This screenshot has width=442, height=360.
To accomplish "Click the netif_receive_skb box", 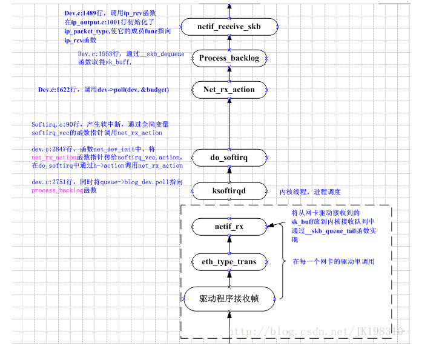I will [x=229, y=27].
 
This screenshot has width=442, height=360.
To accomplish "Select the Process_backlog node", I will [x=229, y=59].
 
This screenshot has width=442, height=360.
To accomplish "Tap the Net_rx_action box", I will [x=229, y=90].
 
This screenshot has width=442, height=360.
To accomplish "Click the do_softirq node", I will [x=229, y=158].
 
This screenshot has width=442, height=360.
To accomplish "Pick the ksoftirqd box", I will [x=229, y=191].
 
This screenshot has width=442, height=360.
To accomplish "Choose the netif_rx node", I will [x=229, y=227].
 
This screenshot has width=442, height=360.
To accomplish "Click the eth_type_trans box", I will [x=229, y=262].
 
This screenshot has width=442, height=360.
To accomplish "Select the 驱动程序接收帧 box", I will [x=229, y=298].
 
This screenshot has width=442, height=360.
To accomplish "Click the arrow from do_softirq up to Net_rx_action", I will [x=229, y=124].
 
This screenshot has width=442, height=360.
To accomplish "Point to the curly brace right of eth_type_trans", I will [x=282, y=261].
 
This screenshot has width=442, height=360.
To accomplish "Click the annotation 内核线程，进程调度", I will [x=309, y=192].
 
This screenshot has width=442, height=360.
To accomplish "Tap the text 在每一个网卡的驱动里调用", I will [x=334, y=262].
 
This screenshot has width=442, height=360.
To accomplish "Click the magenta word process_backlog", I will [x=57, y=190].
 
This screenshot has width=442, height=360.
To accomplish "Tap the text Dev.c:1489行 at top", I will [x=84, y=13].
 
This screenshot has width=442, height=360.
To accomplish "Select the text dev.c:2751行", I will [x=53, y=182].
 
